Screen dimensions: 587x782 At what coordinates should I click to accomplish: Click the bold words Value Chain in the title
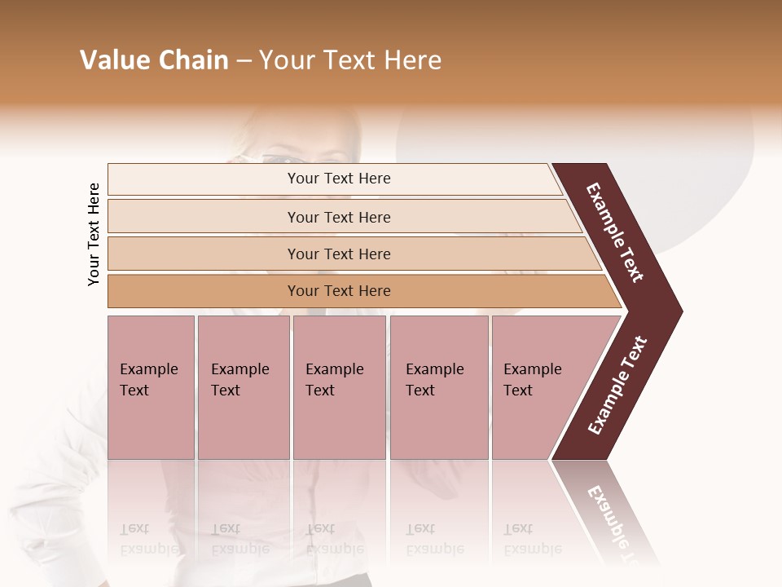[x=154, y=60]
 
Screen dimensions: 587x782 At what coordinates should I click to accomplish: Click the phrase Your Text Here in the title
[x=350, y=60]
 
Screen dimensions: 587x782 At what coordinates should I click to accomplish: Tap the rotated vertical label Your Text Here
[x=94, y=234]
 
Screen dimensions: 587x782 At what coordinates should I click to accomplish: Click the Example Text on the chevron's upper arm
[x=615, y=232]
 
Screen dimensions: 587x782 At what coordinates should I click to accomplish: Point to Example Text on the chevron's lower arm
[x=617, y=386]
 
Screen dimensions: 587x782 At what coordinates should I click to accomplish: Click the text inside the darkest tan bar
[x=339, y=291]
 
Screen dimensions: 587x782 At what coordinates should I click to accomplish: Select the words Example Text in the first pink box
[x=148, y=380]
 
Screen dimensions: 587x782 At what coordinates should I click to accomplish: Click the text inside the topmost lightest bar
[x=339, y=179]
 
